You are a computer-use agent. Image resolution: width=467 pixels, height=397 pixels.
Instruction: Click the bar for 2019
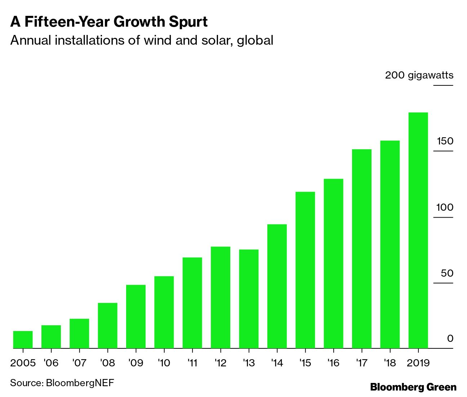pyautogui.click(x=418, y=231)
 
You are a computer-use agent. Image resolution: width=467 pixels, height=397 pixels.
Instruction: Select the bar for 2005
pyautogui.click(x=23, y=340)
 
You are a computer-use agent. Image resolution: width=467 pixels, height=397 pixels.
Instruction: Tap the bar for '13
pyautogui.click(x=249, y=299)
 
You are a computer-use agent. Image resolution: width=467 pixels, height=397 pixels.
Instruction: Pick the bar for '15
pyautogui.click(x=305, y=270)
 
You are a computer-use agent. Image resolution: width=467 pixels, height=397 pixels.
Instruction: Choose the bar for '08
pyautogui.click(x=107, y=326)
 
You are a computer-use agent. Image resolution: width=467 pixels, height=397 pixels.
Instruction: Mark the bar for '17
pyautogui.click(x=361, y=249)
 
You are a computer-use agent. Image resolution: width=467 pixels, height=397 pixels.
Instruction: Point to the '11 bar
pyautogui.click(x=192, y=303)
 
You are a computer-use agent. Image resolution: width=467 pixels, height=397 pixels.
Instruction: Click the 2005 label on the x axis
pyautogui.click(x=23, y=362)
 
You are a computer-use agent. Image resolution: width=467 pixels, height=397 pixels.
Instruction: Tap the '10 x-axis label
pyautogui.click(x=164, y=362)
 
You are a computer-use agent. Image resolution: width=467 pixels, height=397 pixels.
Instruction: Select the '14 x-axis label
pyautogui.click(x=277, y=362)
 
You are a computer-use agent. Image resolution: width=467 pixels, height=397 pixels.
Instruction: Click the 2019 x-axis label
pyautogui.click(x=418, y=362)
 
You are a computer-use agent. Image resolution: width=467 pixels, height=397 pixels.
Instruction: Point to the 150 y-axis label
pyautogui.click(x=445, y=141)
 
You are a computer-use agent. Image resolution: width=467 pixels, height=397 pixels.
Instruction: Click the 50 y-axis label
pyautogui.click(x=447, y=273)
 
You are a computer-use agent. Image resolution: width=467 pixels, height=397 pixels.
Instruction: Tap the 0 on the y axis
pyautogui.click(x=450, y=339)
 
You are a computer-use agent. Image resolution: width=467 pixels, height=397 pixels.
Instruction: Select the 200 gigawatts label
pyautogui.click(x=419, y=75)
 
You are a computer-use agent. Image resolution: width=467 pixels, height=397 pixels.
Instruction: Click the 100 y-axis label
pyautogui.click(x=445, y=208)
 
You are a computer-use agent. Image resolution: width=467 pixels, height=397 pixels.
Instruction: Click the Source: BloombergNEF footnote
pyautogui.click(x=62, y=383)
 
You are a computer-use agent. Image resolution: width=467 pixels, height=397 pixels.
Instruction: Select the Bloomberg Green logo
pyautogui.click(x=413, y=387)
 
